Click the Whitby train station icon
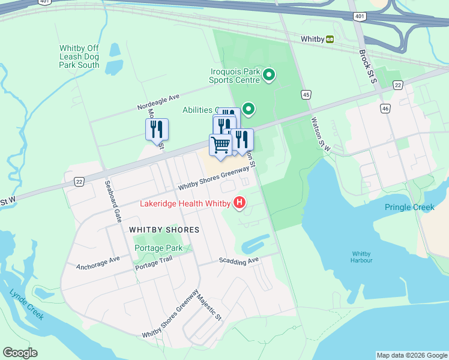(x=330, y=39)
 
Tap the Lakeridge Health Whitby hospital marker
(x=240, y=203)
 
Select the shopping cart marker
(x=220, y=145)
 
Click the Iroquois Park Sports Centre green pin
(x=269, y=76)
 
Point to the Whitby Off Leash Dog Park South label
(x=79, y=56)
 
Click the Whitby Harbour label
(x=362, y=257)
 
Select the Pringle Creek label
(x=410, y=208)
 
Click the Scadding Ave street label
(x=238, y=260)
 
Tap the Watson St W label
(x=321, y=133)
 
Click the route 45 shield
(x=306, y=95)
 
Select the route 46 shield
(x=385, y=108)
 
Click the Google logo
(x=20, y=353)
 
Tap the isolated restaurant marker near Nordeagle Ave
(x=157, y=129)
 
